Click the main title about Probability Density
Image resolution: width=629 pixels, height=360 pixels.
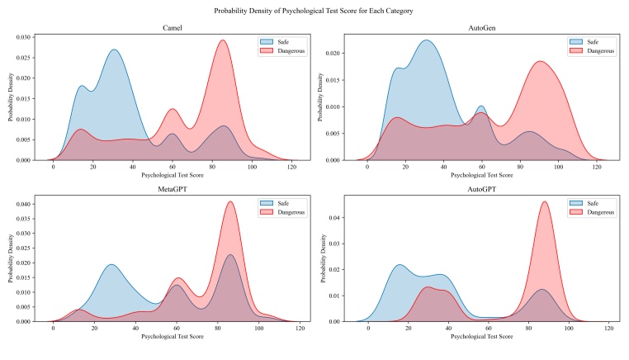point(314,10)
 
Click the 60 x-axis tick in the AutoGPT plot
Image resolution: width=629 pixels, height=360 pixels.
point(488,329)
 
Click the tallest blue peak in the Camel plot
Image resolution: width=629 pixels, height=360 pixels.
point(114,50)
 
